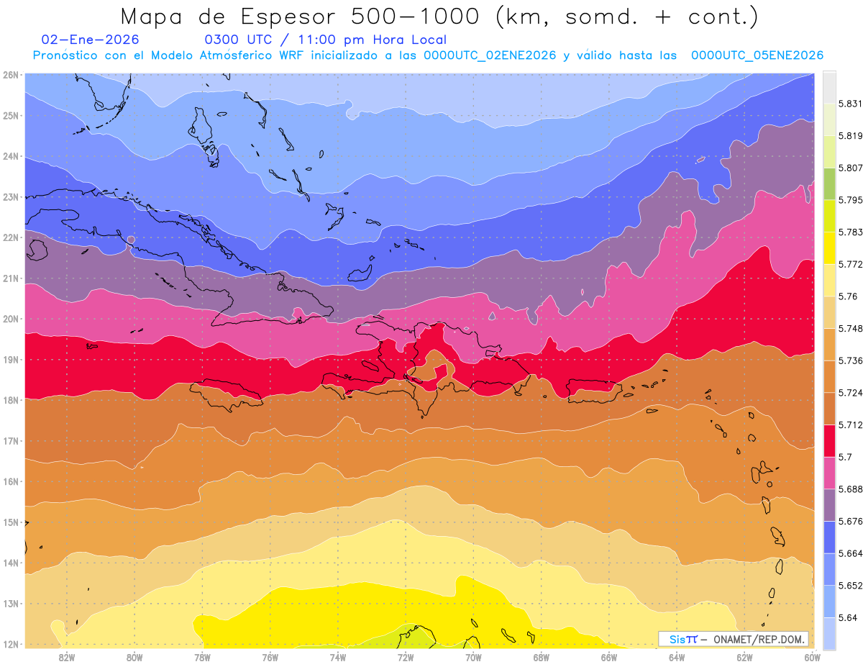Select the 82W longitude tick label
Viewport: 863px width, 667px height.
[x=67, y=657]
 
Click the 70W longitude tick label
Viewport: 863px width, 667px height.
[x=473, y=657]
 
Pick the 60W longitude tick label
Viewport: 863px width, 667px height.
[x=812, y=657]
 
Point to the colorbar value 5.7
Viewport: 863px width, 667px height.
[x=837, y=457]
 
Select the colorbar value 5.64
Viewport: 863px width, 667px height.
[x=839, y=617]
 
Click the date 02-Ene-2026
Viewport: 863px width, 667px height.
[x=91, y=40]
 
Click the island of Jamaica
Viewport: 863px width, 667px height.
[x=227, y=393]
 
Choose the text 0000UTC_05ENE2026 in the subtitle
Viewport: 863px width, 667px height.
[x=757, y=55]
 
